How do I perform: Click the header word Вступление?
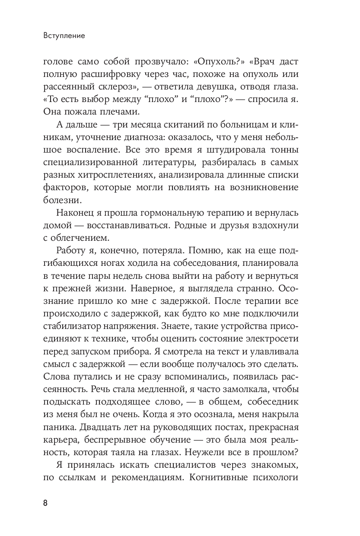click(64, 36)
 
